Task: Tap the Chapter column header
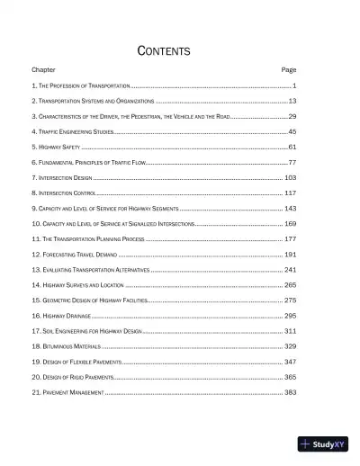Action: pyautogui.click(x=43, y=69)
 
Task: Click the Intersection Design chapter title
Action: pyautogui.click(x=64, y=178)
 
